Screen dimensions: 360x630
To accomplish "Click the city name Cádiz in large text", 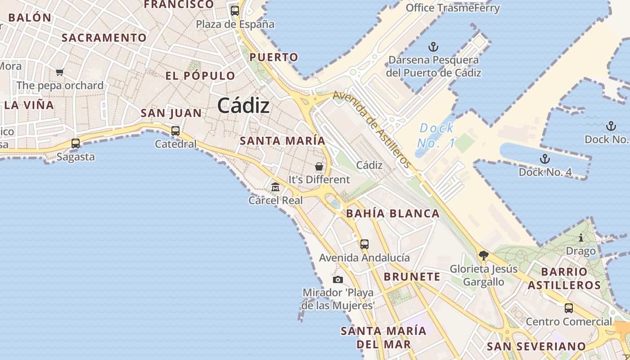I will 243,106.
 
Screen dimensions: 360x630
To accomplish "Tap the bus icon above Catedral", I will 175,131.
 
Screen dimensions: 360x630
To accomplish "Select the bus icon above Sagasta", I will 76,144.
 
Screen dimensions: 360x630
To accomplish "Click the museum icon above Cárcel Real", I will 275,187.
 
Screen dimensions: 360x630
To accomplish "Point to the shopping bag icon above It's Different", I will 319,166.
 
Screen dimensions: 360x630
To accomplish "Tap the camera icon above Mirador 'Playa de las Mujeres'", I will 338,279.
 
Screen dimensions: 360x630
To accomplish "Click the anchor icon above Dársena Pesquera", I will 433,46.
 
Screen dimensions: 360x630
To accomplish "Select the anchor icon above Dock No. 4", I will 545,158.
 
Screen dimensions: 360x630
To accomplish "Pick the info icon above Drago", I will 581,238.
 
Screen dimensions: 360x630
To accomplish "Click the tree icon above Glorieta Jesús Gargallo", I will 484,256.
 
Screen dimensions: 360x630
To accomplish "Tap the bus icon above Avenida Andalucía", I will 364,244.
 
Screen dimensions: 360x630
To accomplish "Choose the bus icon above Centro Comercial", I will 569,308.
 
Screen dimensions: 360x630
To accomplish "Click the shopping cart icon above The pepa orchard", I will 59,72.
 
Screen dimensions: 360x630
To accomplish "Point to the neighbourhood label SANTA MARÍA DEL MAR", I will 383,337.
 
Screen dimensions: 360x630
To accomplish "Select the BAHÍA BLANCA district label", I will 392,214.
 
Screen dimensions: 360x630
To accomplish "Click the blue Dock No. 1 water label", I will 436,135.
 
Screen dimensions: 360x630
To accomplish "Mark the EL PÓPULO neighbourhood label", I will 200,76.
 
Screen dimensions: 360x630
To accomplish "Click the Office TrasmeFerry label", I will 453,8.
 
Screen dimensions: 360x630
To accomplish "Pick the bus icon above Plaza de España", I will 235,10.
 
